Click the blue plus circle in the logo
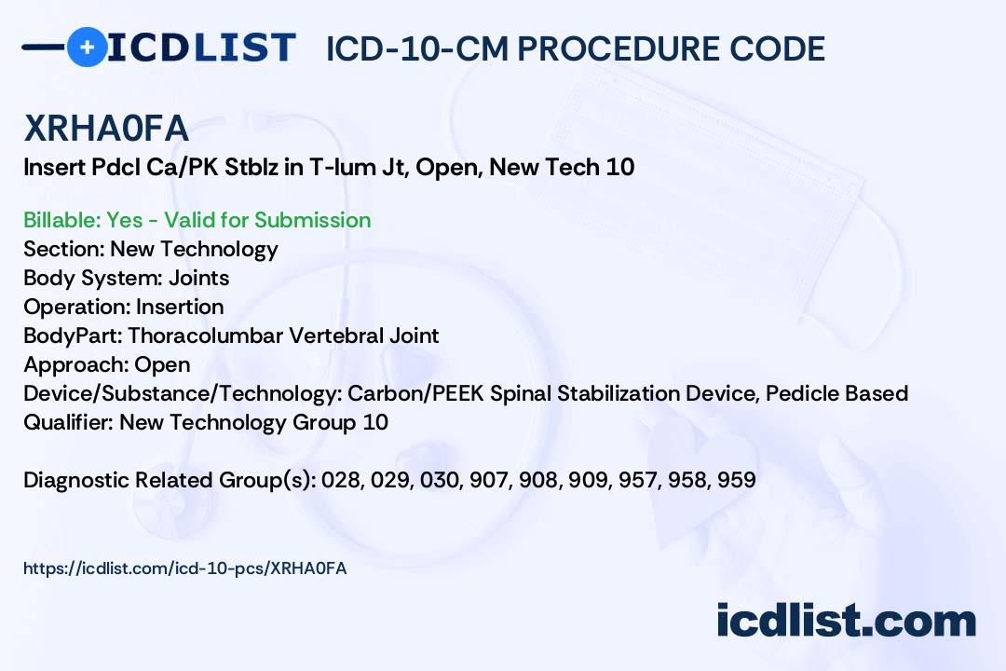coord(87,47)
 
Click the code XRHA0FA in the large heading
coord(106,130)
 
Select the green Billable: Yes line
coord(197,220)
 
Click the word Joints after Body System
coord(198,278)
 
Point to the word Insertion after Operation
coord(180,307)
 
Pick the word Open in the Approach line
coord(162,364)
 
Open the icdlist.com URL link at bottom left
coord(184,568)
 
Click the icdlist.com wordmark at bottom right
coord(846,621)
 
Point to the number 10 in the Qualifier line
coord(375,422)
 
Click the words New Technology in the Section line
coord(194,249)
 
